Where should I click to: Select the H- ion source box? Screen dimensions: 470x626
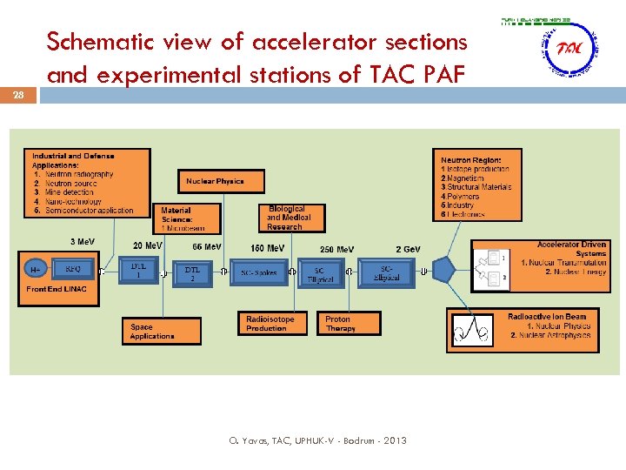34,270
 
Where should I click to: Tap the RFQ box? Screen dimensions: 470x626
72,270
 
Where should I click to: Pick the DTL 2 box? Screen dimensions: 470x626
194,272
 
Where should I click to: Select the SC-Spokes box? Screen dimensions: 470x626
259,272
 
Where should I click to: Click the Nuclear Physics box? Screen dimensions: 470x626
214,181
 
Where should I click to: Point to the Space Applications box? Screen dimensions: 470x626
162,332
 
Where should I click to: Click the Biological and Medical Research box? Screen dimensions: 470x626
290,218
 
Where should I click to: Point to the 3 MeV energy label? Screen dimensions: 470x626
83,241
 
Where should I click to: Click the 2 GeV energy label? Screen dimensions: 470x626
408,249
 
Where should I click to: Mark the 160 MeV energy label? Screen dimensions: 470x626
268,248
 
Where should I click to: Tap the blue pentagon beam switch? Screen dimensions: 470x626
444,271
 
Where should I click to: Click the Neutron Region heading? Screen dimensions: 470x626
470,160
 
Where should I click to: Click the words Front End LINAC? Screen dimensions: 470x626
57,289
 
